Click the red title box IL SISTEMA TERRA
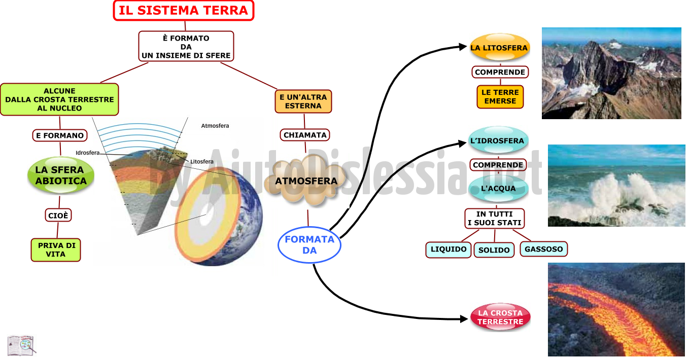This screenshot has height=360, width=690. (184, 11)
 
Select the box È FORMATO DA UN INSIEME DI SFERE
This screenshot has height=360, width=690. (186, 47)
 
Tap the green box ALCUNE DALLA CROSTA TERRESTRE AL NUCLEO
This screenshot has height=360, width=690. (59, 99)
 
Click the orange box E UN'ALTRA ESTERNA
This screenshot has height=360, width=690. (303, 101)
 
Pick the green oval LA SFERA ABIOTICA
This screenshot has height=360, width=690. (61, 175)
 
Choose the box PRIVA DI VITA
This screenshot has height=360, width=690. (56, 250)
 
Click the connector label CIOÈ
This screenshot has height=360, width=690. (58, 215)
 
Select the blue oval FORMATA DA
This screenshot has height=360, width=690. (309, 245)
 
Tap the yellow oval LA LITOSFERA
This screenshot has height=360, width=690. (499, 48)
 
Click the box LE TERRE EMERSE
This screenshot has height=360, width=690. (500, 97)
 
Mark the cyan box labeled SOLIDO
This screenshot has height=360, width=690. (494, 250)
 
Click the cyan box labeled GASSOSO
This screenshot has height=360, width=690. (544, 249)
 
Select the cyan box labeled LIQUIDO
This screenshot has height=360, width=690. (448, 249)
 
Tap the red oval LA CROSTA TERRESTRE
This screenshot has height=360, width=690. (500, 317)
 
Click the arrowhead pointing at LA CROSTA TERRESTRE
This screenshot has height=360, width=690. (464, 319)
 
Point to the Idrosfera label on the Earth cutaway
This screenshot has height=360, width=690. (87, 153)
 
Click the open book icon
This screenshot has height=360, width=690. (21, 345)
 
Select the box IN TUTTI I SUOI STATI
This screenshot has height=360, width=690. (494, 219)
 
